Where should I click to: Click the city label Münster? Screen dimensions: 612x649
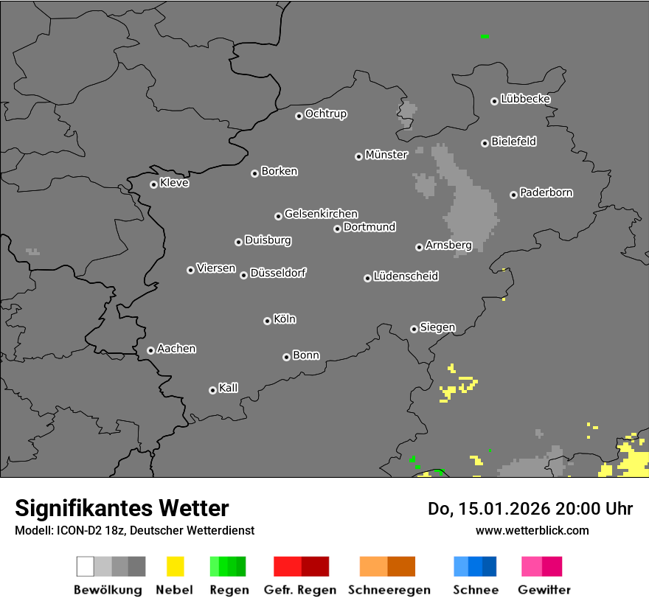click(x=386, y=155)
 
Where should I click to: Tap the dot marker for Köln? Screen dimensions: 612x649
click(x=267, y=321)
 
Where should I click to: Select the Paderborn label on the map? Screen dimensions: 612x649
click(x=546, y=193)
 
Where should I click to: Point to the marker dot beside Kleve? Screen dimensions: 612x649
click(x=153, y=184)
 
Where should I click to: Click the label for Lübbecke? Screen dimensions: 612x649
click(x=526, y=99)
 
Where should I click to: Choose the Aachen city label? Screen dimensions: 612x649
click(x=176, y=349)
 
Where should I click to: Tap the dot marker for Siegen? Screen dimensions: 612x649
click(x=414, y=329)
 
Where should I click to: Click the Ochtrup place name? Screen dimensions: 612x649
click(x=326, y=114)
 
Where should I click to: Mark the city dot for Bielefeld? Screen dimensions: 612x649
click(x=485, y=143)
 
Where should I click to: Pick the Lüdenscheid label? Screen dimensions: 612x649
click(x=406, y=277)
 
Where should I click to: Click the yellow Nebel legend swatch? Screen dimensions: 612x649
click(x=175, y=566)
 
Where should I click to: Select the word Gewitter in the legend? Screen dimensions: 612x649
click(x=544, y=590)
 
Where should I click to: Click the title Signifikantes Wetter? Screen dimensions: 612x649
click(x=122, y=508)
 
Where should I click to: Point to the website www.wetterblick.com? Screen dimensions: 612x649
click(x=532, y=531)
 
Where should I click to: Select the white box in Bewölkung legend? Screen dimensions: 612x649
click(x=85, y=566)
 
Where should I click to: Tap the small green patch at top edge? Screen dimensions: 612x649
click(x=485, y=36)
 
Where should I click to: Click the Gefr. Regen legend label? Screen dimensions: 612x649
click(x=300, y=590)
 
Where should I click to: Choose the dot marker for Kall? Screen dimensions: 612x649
click(x=212, y=390)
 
